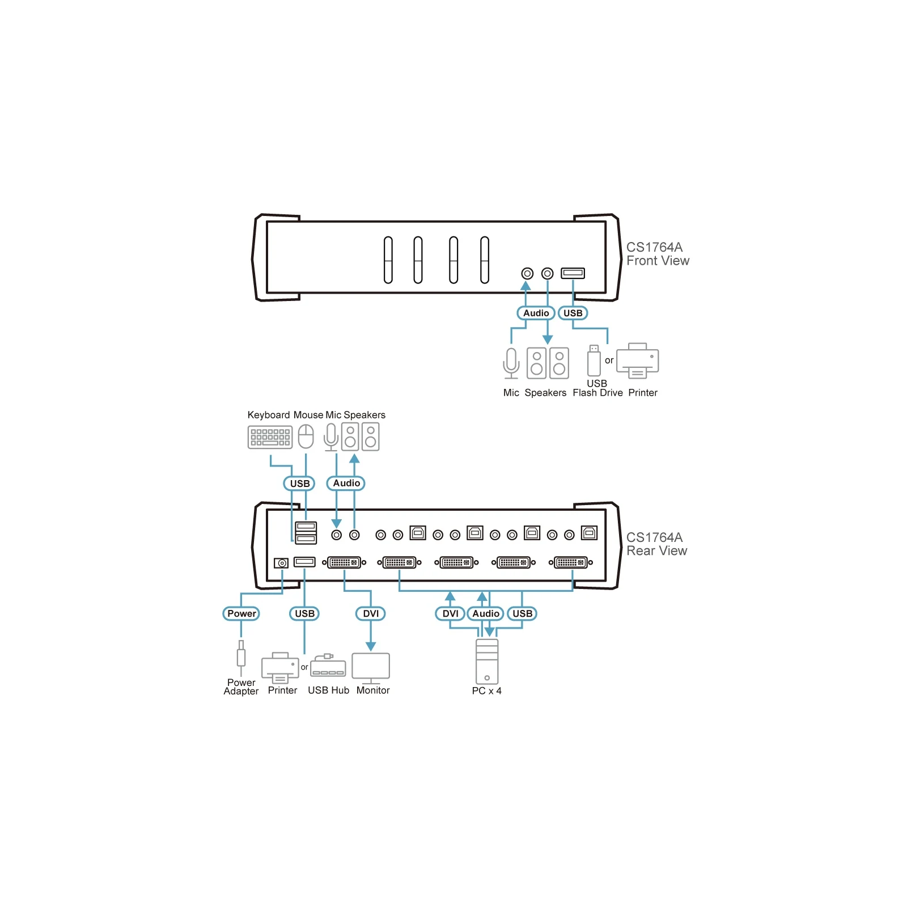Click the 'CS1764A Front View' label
point(658,254)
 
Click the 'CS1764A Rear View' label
point(656,544)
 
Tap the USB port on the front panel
point(573,273)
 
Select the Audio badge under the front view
point(536,313)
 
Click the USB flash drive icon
point(594,361)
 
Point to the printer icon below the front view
point(637,361)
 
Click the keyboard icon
point(270,438)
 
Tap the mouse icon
point(306,436)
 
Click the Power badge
point(241,613)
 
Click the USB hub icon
point(328,666)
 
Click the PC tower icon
point(487,662)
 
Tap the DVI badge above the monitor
point(371,613)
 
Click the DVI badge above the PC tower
point(450,613)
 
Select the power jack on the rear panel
point(281,563)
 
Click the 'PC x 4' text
point(486,690)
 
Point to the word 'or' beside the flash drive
point(609,361)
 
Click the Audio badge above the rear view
point(346,483)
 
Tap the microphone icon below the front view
point(511,363)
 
